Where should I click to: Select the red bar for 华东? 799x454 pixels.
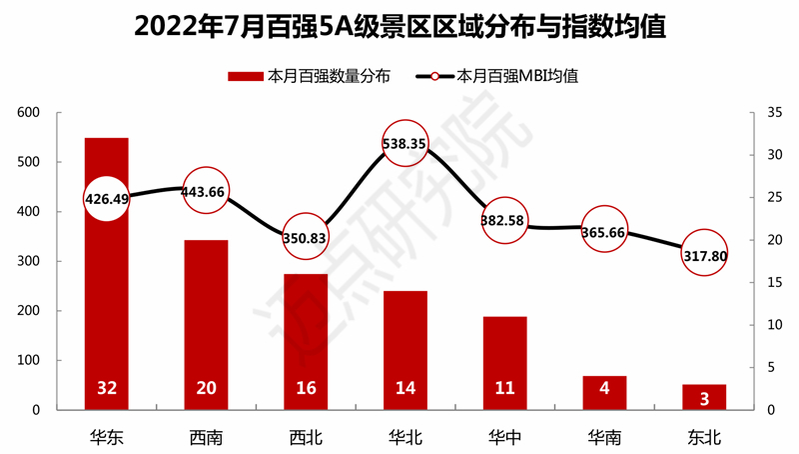click(106, 300)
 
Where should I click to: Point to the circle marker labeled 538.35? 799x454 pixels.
click(404, 143)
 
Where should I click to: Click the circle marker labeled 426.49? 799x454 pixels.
click(106, 198)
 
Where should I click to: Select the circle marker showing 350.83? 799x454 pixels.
click(305, 237)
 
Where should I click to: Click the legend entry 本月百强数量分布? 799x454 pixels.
click(309, 75)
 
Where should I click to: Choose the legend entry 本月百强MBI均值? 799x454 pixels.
click(499, 75)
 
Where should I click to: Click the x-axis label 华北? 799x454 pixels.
click(404, 436)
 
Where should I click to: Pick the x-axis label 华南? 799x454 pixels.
click(604, 436)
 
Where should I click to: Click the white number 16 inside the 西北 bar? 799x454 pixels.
click(305, 388)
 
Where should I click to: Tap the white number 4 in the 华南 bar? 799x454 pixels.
click(604, 388)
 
